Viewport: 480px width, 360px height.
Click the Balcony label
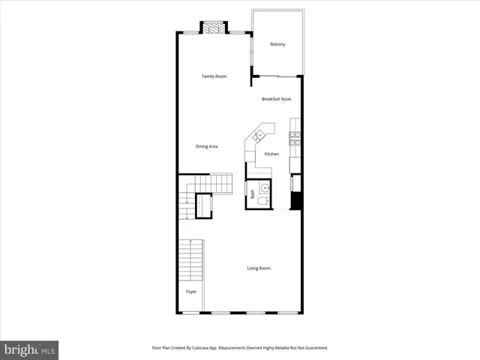[277, 44]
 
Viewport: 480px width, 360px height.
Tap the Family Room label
[214, 76]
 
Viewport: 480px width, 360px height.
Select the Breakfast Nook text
[276, 99]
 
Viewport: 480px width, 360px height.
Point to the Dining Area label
[206, 146]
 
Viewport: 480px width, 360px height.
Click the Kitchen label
[271, 154]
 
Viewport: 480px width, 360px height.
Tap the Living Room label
[259, 268]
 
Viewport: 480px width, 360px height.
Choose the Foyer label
[191, 291]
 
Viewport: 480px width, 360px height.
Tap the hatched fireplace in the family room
[214, 28]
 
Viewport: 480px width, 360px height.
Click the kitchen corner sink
[258, 136]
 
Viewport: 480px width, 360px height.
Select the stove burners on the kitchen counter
[295, 137]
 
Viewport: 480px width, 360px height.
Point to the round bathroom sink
[264, 187]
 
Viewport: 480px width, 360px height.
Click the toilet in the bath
[262, 202]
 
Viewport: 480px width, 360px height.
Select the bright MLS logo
[30, 349]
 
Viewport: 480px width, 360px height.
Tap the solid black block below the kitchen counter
[295, 201]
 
